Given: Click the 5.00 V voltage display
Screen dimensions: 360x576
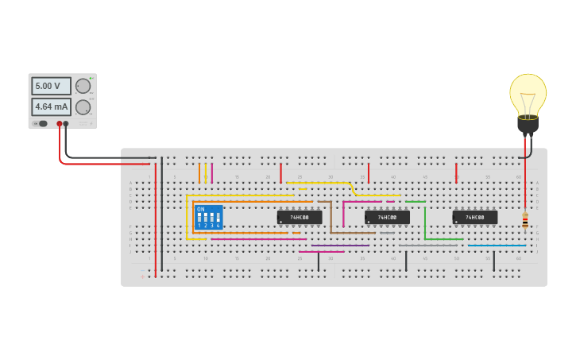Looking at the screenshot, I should tap(51, 86).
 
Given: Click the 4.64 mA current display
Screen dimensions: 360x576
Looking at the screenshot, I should tap(51, 106).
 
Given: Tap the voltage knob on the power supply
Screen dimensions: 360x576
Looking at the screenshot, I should tap(83, 86).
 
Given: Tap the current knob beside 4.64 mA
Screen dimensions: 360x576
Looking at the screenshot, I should tap(83, 106).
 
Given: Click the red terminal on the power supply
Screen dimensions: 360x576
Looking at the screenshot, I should tap(59, 124).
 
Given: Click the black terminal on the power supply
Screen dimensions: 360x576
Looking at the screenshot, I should tap(66, 124).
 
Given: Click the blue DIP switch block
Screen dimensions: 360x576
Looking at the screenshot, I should tap(208, 217).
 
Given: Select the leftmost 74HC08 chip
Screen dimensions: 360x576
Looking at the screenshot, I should tap(300, 217).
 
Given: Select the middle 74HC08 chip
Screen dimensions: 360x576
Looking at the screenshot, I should tap(387, 217).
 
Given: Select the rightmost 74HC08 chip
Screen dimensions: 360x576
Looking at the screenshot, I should tap(474, 217).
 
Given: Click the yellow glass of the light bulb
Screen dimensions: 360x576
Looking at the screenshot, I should tap(528, 93).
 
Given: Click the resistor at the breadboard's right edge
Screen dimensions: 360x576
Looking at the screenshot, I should tap(524, 220).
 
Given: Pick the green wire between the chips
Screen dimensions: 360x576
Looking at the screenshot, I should tap(424, 223).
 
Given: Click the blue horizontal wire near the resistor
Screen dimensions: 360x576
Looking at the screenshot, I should tap(497, 246).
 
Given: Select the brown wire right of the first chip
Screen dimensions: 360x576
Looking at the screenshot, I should tap(331, 216).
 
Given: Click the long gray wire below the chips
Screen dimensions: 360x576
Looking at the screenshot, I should tap(429, 246).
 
